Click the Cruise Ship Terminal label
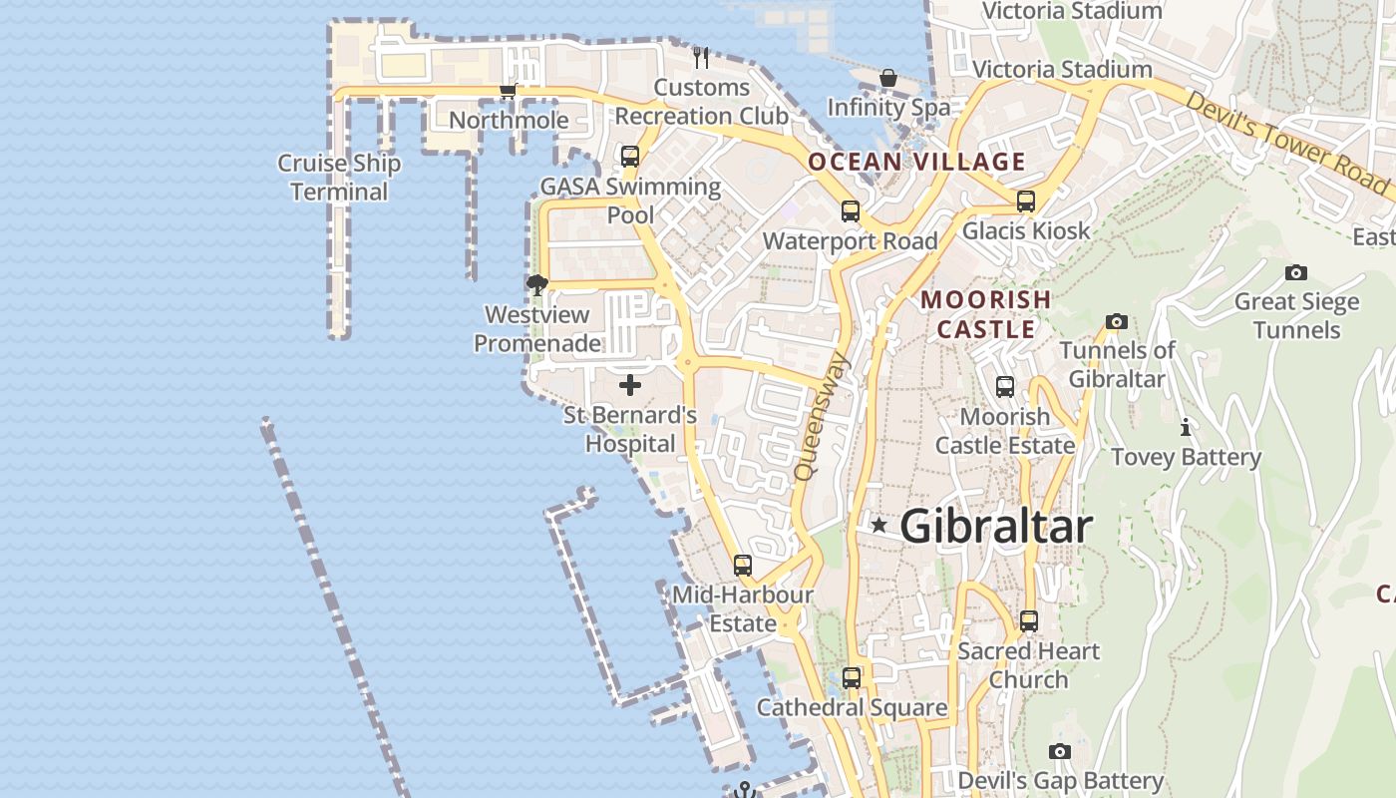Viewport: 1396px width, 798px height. click(339, 178)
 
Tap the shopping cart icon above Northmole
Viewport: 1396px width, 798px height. click(508, 91)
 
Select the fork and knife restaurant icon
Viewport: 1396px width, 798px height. click(701, 57)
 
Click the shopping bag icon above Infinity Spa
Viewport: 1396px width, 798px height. click(887, 78)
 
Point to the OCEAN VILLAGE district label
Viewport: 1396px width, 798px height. click(916, 162)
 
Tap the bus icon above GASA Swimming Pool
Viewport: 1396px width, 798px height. click(630, 157)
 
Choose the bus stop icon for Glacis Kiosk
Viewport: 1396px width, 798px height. click(1026, 200)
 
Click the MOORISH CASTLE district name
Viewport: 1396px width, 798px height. click(985, 313)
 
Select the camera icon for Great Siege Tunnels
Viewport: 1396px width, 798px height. click(1295, 272)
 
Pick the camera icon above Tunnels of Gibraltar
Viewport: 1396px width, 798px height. click(1117, 321)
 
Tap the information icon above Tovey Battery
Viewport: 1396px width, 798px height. click(1186, 428)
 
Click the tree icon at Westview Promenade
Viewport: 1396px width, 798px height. click(536, 285)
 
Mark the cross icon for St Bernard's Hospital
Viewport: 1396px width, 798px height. click(630, 385)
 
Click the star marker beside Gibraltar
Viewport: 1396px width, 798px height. click(878, 525)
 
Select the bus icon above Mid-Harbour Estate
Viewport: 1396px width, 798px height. click(742, 566)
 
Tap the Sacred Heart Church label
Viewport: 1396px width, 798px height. click(1028, 665)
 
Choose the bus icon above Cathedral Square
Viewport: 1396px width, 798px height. click(851, 678)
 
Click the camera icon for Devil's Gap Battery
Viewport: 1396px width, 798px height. click(1060, 751)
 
